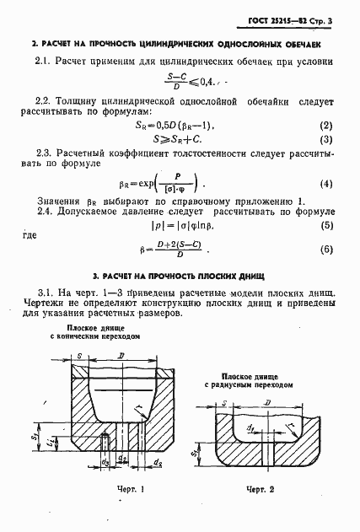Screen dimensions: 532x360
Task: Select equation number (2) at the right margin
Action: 325,125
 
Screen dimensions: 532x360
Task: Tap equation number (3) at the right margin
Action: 325,139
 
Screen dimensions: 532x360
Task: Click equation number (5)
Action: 325,226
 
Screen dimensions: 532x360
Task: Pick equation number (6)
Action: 325,250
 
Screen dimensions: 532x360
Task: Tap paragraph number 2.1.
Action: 44,62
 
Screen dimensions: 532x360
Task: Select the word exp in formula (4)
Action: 159,184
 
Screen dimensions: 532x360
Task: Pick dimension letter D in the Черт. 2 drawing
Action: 267,406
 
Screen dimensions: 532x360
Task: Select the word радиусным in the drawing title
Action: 247,384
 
